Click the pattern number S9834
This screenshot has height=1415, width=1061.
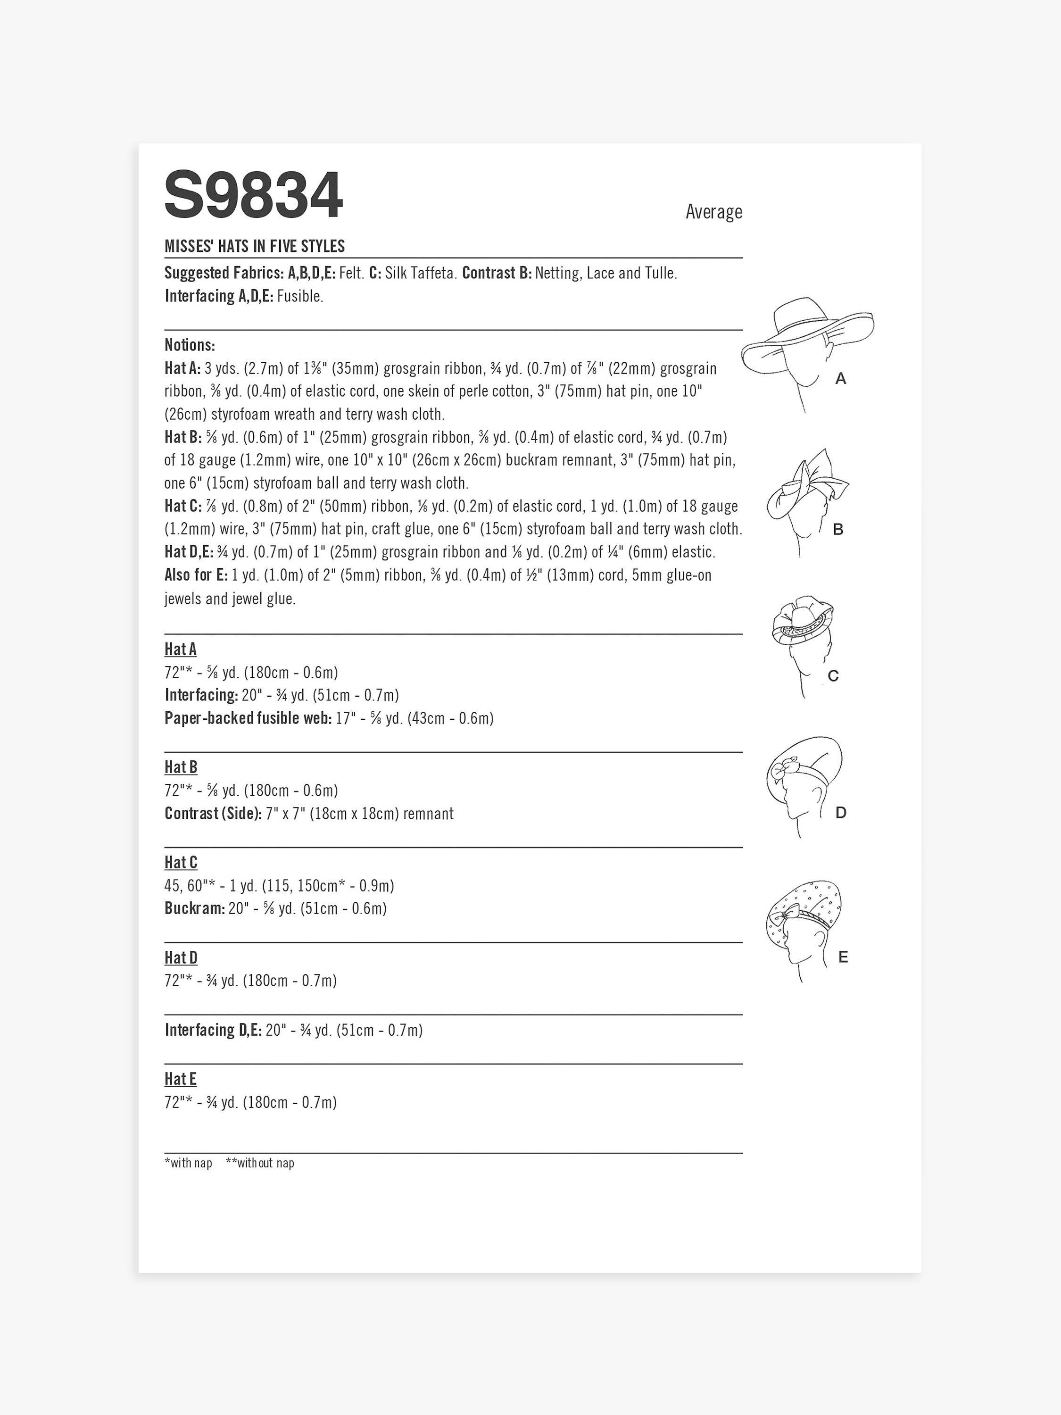click(253, 196)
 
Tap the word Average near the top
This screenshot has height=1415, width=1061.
click(714, 212)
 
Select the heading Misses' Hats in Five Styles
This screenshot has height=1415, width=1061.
click(255, 246)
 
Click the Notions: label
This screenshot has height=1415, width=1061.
click(190, 345)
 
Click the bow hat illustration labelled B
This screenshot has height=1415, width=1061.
click(807, 496)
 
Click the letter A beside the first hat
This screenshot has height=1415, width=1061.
click(840, 379)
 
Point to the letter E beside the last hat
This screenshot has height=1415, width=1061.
click(843, 957)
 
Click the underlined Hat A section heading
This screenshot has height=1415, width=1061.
click(180, 649)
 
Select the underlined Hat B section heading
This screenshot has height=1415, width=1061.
click(181, 767)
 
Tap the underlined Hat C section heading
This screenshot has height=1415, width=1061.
click(181, 862)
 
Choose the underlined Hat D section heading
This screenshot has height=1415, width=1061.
click(181, 957)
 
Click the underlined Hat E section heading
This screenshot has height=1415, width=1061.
click(180, 1079)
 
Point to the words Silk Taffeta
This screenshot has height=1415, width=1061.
click(421, 273)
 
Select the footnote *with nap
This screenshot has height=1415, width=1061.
click(188, 1163)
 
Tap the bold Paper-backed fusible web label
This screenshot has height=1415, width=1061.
click(248, 718)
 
